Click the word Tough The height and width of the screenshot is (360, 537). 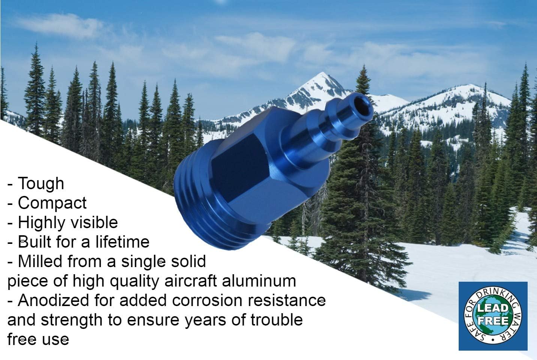pyautogui.click(x=41, y=184)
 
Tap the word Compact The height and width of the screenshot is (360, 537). pyautogui.click(x=52, y=203)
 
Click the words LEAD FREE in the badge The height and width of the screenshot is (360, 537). pyautogui.click(x=493, y=315)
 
